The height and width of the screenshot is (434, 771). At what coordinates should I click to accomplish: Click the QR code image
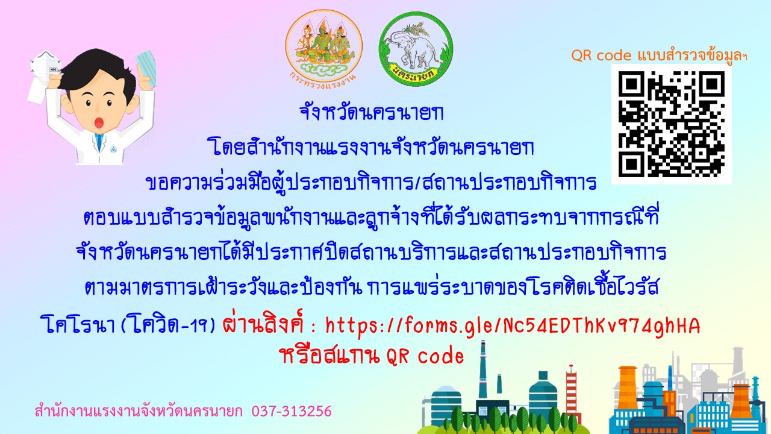pyautogui.click(x=671, y=124)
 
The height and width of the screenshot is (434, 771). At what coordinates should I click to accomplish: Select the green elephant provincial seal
pyautogui.click(x=416, y=49)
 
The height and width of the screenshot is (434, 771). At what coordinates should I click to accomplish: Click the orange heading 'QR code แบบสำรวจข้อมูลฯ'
pyautogui.click(x=659, y=55)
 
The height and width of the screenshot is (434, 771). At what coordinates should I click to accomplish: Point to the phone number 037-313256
pyautogui.click(x=292, y=411)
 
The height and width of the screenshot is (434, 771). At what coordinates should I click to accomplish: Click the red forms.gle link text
pyautogui.click(x=513, y=325)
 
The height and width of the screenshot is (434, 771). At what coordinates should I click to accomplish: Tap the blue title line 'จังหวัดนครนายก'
pyautogui.click(x=372, y=113)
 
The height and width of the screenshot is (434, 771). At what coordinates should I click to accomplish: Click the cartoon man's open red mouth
pyautogui.click(x=99, y=122)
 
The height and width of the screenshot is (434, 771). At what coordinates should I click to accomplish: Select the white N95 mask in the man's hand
pyautogui.click(x=43, y=76)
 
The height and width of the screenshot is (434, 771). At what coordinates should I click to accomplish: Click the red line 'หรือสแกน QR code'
pyautogui.click(x=372, y=356)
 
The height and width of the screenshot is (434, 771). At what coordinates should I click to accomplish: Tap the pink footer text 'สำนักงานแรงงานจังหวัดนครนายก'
pyautogui.click(x=139, y=411)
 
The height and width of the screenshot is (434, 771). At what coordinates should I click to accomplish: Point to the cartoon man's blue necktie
pyautogui.click(x=100, y=142)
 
